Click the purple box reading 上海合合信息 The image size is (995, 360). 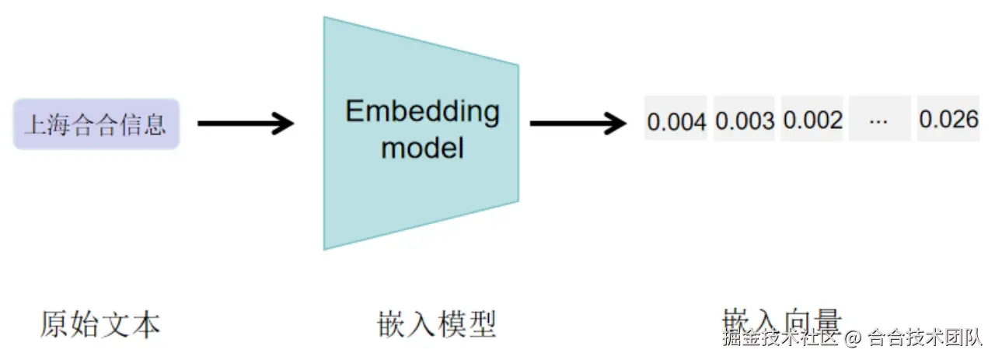pos(96,124)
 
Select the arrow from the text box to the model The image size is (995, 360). pos(245,123)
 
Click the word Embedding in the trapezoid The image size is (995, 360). pos(422,112)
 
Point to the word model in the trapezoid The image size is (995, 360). pos(422,146)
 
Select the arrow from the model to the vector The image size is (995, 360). pos(577,123)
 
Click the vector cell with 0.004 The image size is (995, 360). pos(676,121)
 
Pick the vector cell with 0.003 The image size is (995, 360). pos(744,121)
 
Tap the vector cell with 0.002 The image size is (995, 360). pos(812,120)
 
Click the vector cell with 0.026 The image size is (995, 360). pos(948,119)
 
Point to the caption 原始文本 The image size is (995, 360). pos(100,324)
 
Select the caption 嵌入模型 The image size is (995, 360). pos(436,324)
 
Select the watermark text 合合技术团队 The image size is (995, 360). pos(925,338)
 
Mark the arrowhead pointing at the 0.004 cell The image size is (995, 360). pos(616,123)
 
